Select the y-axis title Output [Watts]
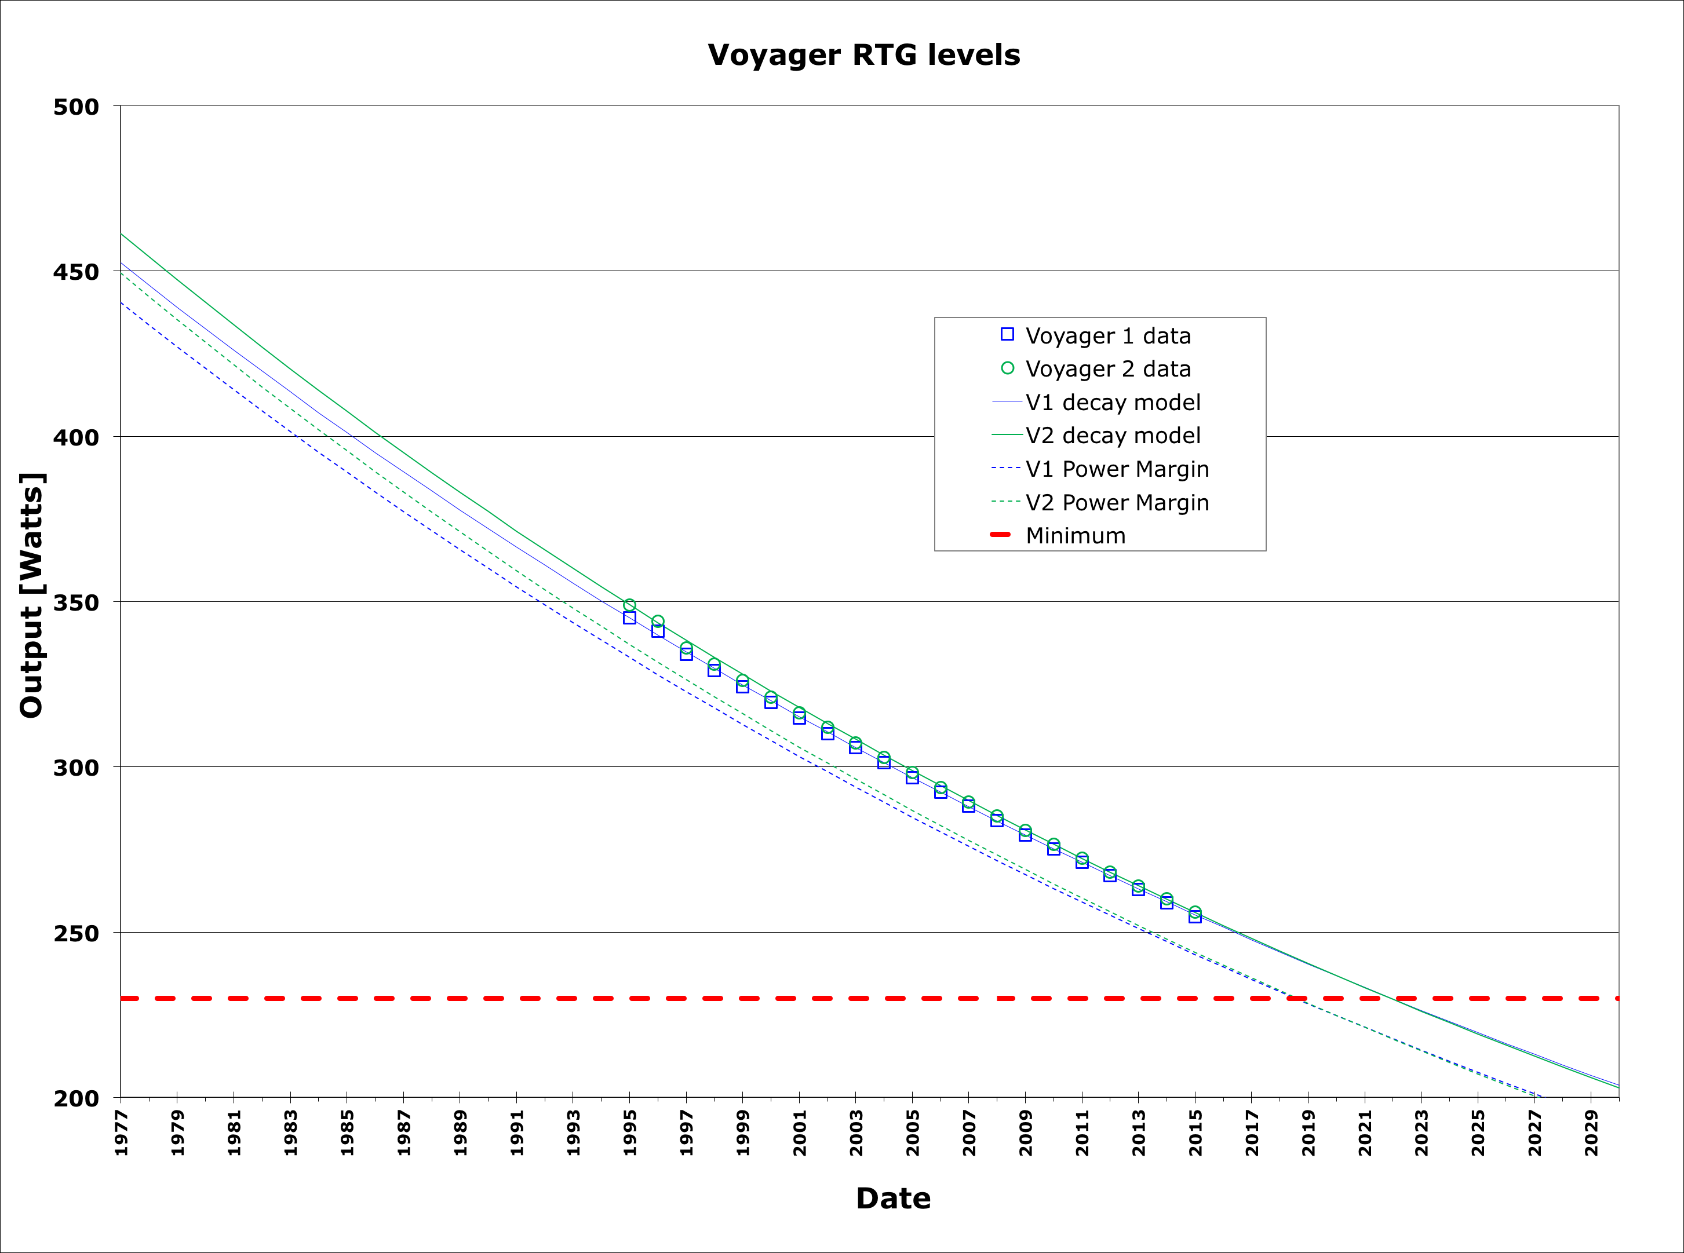pyautogui.click(x=32, y=596)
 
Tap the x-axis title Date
pyautogui.click(x=893, y=1199)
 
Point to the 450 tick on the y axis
pyautogui.click(x=76, y=272)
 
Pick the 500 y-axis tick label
pyautogui.click(x=76, y=107)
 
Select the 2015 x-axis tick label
pyautogui.click(x=1195, y=1133)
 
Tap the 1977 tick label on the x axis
pyautogui.click(x=121, y=1133)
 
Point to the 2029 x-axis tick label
pyautogui.click(x=1591, y=1133)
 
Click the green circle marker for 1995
pyautogui.click(x=629, y=605)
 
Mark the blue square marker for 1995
pyautogui.click(x=629, y=618)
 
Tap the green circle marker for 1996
pyautogui.click(x=658, y=621)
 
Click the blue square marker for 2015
pyautogui.click(x=1195, y=917)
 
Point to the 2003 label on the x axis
pyautogui.click(x=856, y=1133)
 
